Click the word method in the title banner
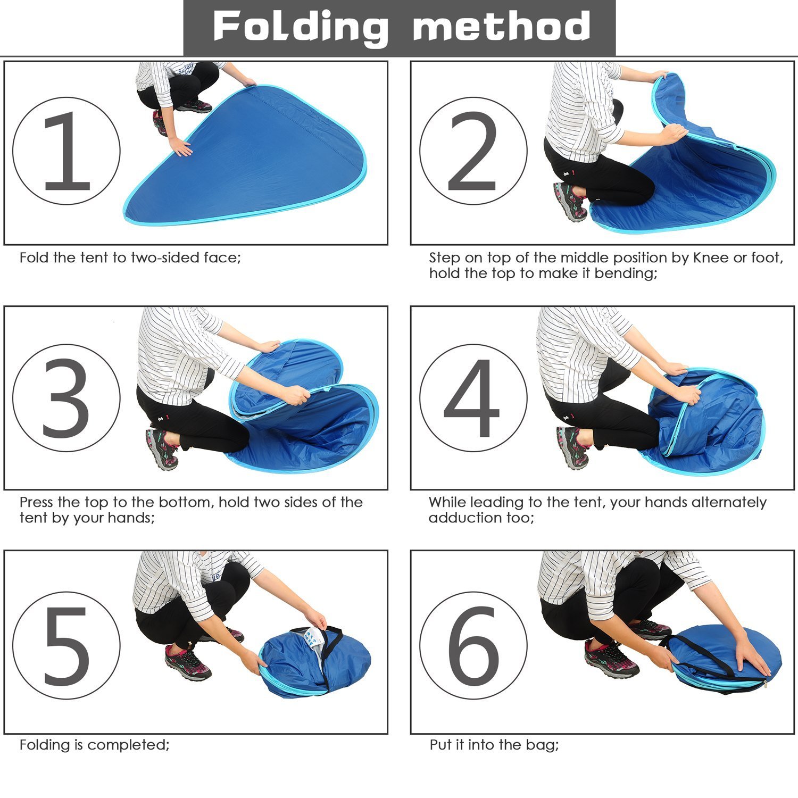(502, 27)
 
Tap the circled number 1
(66, 151)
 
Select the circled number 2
(473, 151)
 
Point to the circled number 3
(66, 398)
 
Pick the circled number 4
(473, 398)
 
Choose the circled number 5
(66, 645)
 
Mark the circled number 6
(473, 645)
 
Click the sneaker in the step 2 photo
(571, 201)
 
